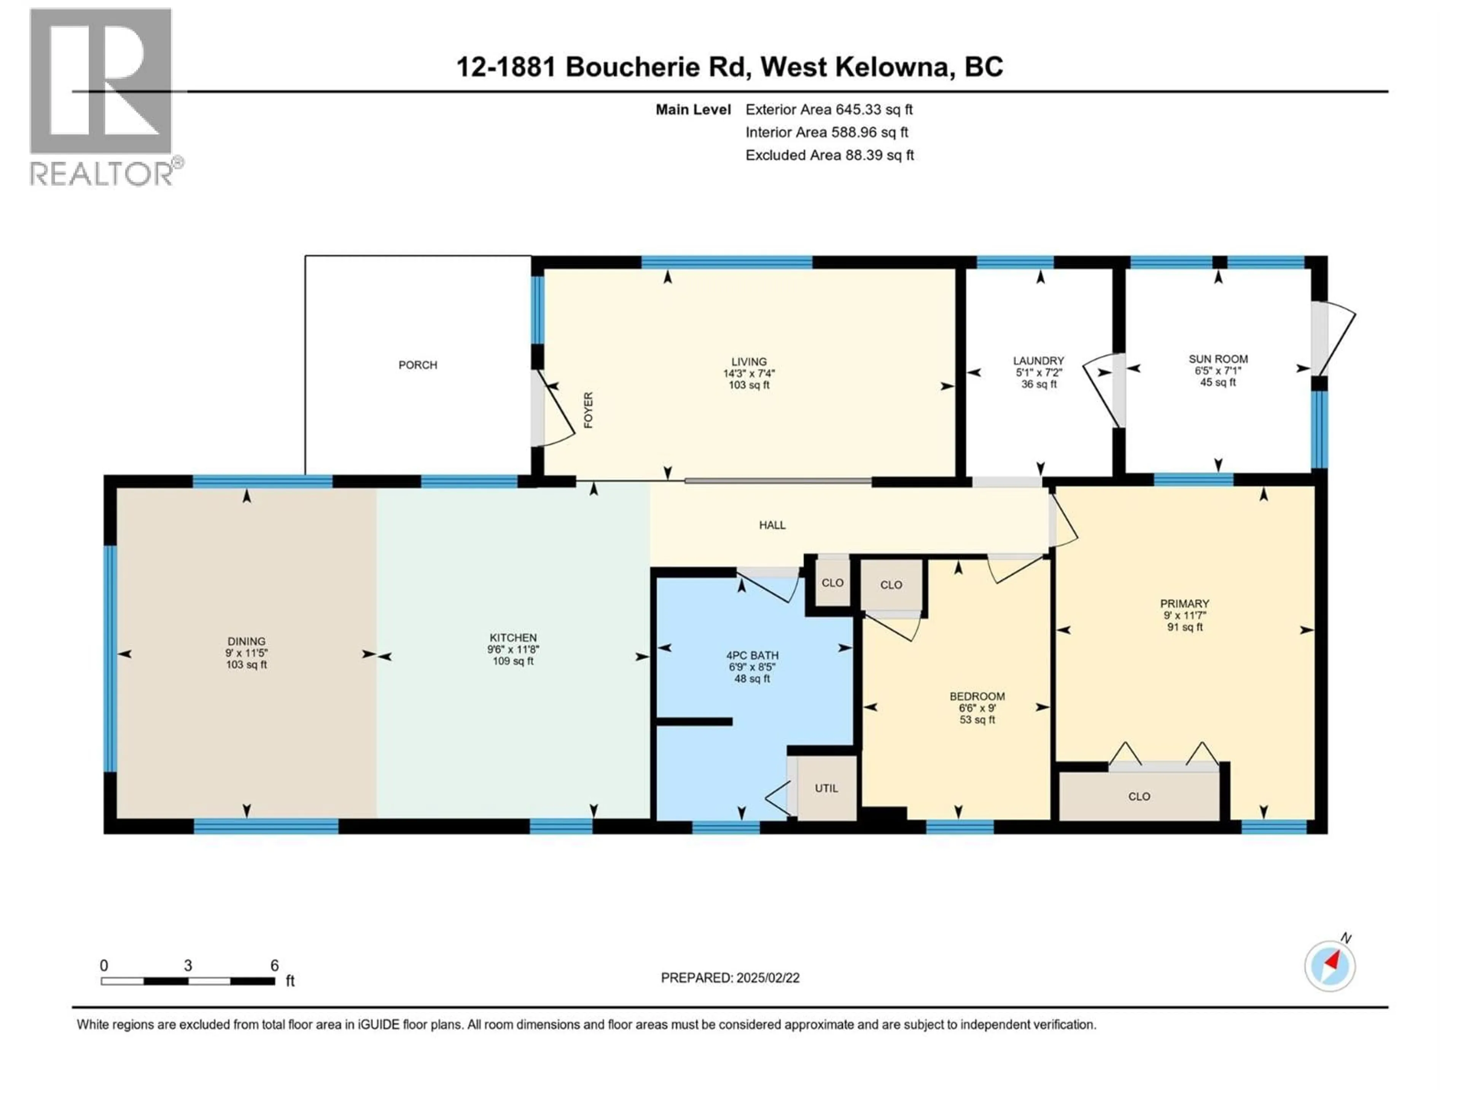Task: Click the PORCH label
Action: (x=417, y=365)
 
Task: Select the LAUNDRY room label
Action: (x=1038, y=361)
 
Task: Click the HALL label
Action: (x=772, y=525)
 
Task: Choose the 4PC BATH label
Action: (x=752, y=655)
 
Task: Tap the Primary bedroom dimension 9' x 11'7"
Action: (x=1184, y=615)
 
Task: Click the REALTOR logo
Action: (x=102, y=96)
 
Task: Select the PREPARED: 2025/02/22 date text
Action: (x=730, y=978)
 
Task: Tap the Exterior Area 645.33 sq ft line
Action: (x=829, y=110)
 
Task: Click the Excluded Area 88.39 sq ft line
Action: (x=829, y=155)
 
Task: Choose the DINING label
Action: (x=247, y=642)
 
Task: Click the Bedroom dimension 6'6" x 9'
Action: (x=977, y=707)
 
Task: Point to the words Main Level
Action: (x=693, y=110)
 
